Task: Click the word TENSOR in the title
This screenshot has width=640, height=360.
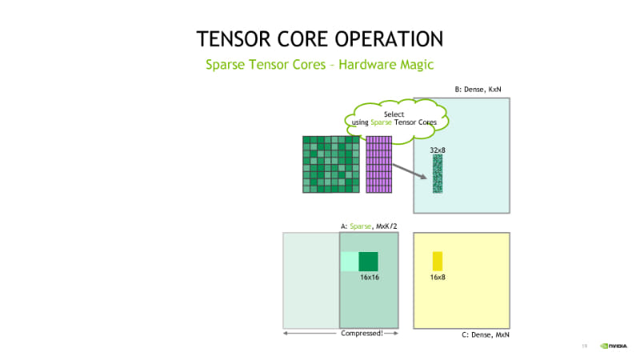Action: [x=234, y=39]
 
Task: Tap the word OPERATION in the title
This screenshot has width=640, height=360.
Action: [x=389, y=39]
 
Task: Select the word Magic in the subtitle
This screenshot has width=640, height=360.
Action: [x=417, y=65]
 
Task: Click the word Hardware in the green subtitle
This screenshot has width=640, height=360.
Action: [x=367, y=65]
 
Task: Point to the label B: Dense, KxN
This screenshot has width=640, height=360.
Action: [x=478, y=90]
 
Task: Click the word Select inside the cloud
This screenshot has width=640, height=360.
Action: [x=394, y=114]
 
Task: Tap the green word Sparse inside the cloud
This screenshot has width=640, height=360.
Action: [x=381, y=122]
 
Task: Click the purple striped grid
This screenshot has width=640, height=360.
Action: [x=378, y=165]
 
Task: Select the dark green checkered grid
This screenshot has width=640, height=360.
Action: [x=331, y=165]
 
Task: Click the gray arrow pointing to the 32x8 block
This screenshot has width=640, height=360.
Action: [x=410, y=171]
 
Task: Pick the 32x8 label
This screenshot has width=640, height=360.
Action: [x=438, y=150]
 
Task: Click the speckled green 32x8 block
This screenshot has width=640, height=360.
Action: [x=438, y=174]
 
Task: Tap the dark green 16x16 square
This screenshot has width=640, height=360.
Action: [x=368, y=262]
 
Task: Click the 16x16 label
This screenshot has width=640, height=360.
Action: [x=370, y=277]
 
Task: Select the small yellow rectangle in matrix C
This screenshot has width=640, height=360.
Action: [x=438, y=262]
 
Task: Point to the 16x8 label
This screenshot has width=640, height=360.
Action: [x=438, y=277]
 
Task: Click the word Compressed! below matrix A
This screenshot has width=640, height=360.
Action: [x=362, y=333]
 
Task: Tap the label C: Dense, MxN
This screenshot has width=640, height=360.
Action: [x=486, y=334]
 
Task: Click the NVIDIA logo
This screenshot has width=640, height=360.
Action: [x=614, y=346]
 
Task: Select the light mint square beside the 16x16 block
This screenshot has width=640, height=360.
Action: [x=350, y=262]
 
